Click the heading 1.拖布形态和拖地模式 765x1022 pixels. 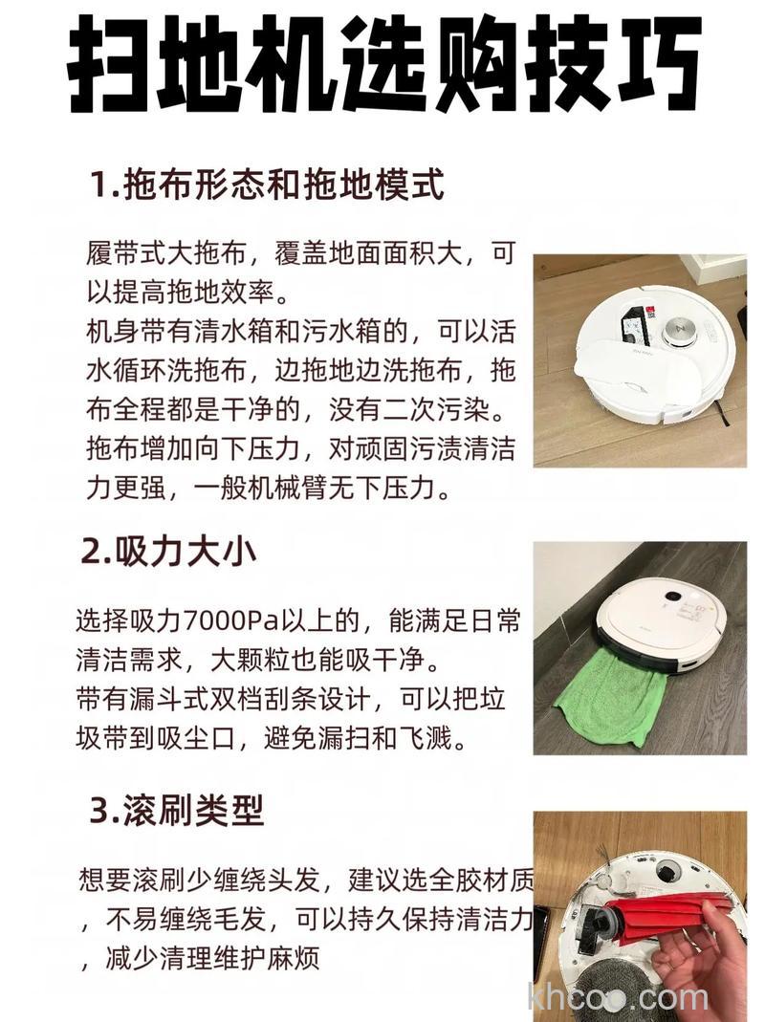coord(268,185)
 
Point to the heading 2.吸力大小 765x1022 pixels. coord(169,552)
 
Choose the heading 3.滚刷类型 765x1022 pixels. coord(176,811)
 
